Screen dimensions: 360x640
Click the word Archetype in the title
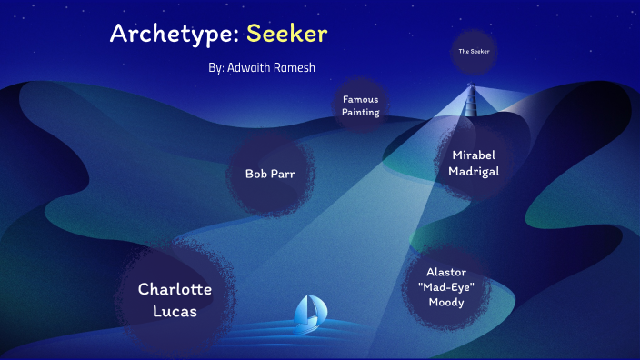(x=173, y=35)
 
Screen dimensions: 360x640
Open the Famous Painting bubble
(x=361, y=105)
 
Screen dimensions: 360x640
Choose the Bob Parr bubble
(x=270, y=174)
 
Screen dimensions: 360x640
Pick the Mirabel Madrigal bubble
(x=474, y=163)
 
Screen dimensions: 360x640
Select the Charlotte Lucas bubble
(x=175, y=300)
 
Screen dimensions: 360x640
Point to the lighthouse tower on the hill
(x=470, y=96)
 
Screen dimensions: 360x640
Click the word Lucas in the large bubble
(x=175, y=311)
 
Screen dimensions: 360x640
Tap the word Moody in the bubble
(x=446, y=303)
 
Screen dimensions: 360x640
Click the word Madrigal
(x=474, y=171)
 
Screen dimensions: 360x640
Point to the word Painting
(x=361, y=113)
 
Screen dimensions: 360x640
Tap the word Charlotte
(x=175, y=289)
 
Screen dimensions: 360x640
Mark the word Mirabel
(x=474, y=155)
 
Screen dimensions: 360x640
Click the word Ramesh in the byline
(x=294, y=67)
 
